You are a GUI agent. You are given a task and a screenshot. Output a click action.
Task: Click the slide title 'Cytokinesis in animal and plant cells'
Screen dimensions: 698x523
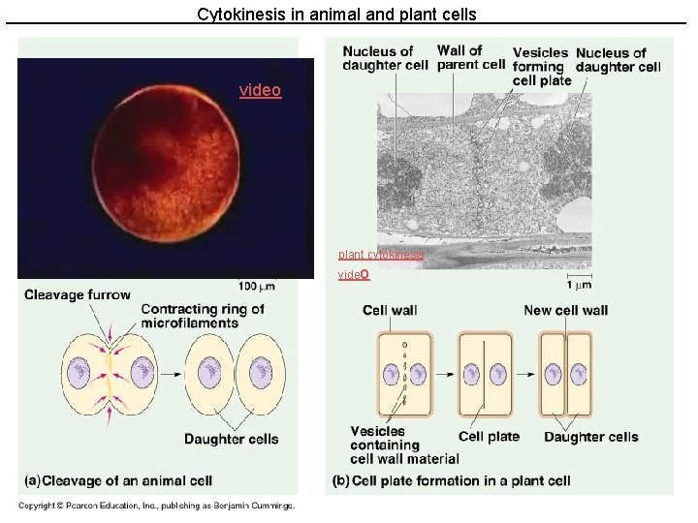pyautogui.click(x=336, y=15)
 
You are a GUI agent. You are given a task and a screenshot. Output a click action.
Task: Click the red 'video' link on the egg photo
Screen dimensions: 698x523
pyautogui.click(x=260, y=90)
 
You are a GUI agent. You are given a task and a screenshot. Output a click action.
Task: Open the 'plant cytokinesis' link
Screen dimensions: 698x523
pyautogui.click(x=381, y=255)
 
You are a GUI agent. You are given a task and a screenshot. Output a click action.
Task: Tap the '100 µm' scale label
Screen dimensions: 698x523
pyautogui.click(x=256, y=286)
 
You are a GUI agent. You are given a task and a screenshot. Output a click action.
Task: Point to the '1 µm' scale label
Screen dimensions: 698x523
pyautogui.click(x=579, y=285)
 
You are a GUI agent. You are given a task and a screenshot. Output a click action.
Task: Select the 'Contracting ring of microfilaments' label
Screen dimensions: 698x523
pyautogui.click(x=202, y=317)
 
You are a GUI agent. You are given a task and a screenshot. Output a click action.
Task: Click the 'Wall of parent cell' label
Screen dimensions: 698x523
pyautogui.click(x=470, y=58)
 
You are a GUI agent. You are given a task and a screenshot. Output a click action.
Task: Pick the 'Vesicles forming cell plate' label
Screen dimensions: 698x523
pyautogui.click(x=540, y=66)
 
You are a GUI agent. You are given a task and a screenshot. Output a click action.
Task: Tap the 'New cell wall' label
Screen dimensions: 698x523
pyautogui.click(x=565, y=310)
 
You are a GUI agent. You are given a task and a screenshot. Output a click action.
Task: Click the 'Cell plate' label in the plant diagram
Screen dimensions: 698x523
pyautogui.click(x=489, y=437)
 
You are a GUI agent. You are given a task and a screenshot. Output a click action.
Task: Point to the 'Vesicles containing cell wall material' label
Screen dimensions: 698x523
pyautogui.click(x=397, y=445)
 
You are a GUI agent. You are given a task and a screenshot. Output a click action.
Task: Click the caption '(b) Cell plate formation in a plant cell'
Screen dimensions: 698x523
pyautogui.click(x=450, y=480)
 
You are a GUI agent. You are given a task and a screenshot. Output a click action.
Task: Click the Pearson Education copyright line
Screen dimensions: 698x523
pyautogui.click(x=156, y=505)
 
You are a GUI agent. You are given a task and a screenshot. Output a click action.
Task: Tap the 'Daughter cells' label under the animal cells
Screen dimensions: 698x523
pyautogui.click(x=231, y=439)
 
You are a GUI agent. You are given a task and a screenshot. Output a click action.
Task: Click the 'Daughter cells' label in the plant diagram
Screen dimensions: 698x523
pyautogui.click(x=590, y=437)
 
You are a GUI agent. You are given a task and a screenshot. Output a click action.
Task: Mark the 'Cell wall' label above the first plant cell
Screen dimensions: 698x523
pyautogui.click(x=390, y=310)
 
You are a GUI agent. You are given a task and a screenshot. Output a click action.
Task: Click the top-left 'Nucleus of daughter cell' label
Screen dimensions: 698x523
pyautogui.click(x=385, y=58)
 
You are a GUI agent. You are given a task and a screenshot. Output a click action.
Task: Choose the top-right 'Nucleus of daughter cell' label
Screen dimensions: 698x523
pyautogui.click(x=618, y=59)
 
